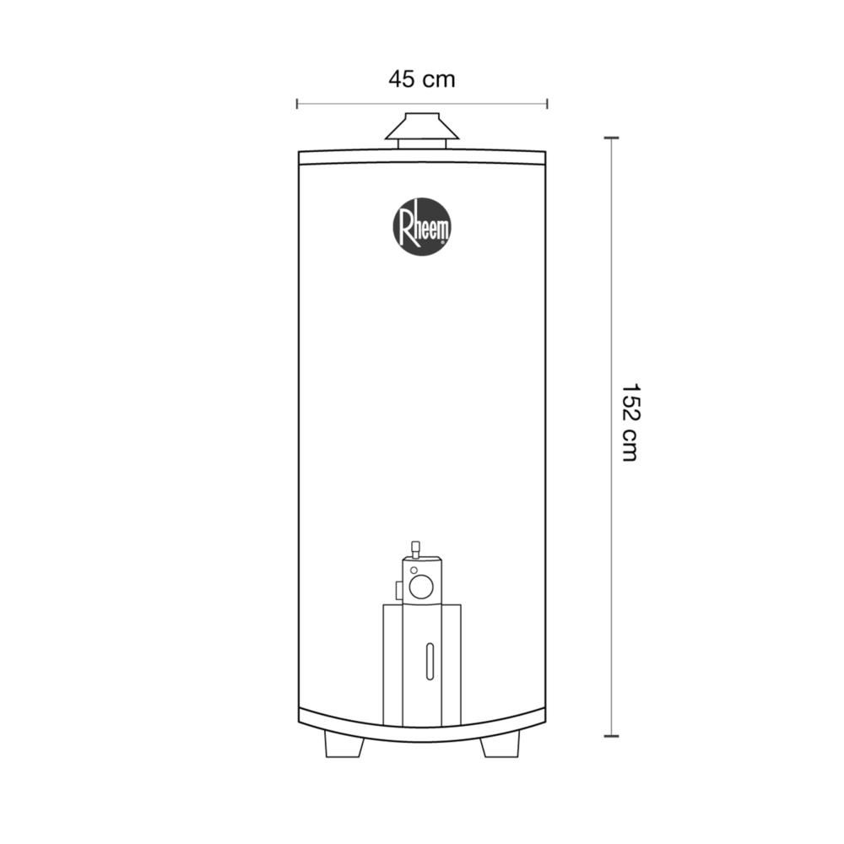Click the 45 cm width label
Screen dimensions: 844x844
point(421,79)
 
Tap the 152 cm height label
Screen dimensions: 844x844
point(630,423)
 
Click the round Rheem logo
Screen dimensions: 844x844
point(422,226)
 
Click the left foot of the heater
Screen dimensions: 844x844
point(344,744)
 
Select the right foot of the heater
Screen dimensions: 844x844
point(500,744)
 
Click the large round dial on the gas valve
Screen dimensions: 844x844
point(421,587)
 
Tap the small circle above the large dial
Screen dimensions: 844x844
point(414,570)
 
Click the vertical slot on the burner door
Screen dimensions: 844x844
point(430,661)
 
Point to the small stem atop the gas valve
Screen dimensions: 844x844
point(415,549)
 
